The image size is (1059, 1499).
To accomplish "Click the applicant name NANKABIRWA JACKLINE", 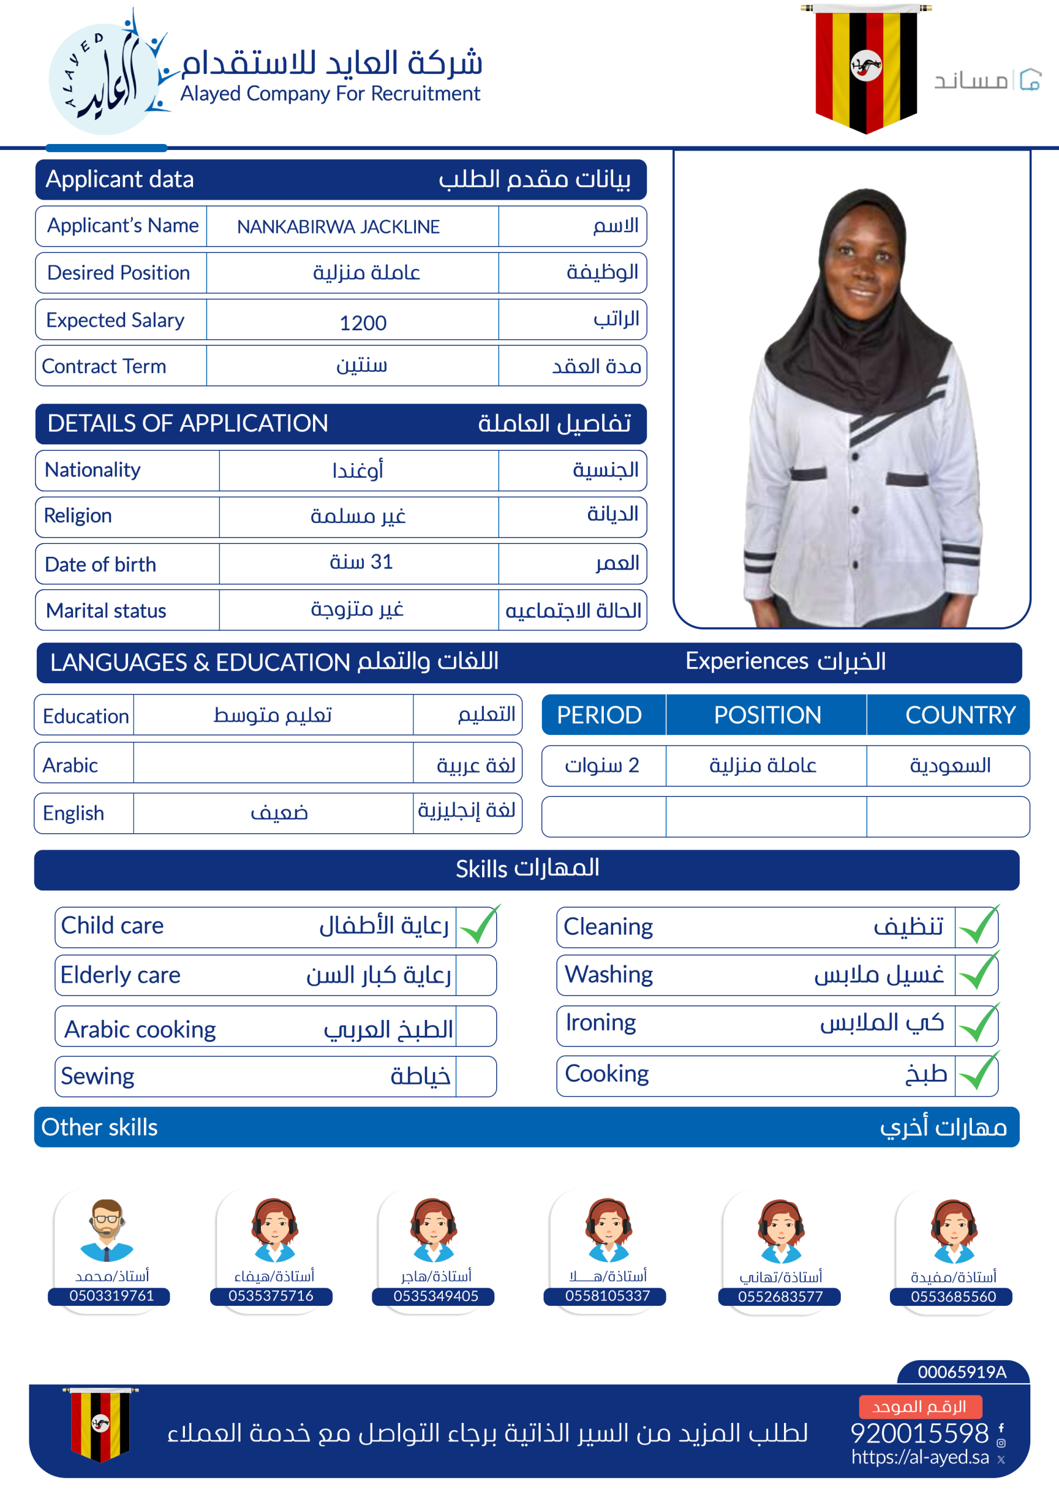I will click(x=338, y=227).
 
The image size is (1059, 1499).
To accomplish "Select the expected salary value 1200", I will click(x=363, y=323).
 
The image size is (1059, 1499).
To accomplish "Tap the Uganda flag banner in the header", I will click(x=866, y=68).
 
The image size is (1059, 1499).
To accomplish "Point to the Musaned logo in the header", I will click(x=986, y=80).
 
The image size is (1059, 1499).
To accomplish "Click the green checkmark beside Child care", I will click(x=478, y=926).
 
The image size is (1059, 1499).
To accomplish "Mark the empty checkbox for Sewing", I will click(x=476, y=1077).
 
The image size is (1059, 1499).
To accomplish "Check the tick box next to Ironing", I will click(x=977, y=1023).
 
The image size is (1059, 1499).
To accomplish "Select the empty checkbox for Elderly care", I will click(x=476, y=976).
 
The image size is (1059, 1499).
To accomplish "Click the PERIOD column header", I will click(x=599, y=715).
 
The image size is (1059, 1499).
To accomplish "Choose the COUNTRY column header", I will click(x=960, y=715).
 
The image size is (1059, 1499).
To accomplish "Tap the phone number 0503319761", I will click(x=112, y=1295).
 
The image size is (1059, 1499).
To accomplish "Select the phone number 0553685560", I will click(x=953, y=1296).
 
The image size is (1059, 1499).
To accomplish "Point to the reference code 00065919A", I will click(x=962, y=1372).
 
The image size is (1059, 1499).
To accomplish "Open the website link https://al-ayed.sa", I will click(x=920, y=1457).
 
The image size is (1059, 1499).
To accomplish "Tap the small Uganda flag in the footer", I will click(x=100, y=1424).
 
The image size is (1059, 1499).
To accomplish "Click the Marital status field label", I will click(x=106, y=611).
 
